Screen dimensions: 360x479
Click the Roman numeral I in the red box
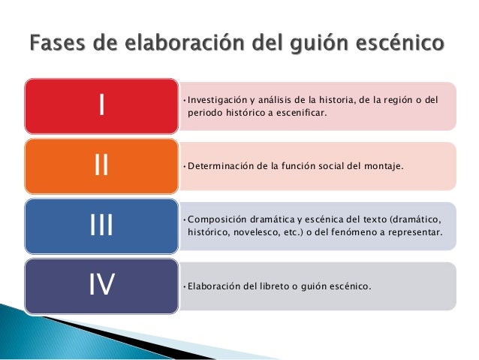tap(101, 106)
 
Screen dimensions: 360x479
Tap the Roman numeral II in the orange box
tap(101, 165)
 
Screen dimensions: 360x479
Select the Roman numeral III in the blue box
tap(101, 225)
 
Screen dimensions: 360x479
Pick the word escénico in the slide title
tap(399, 41)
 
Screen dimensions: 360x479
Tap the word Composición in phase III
tap(217, 219)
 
